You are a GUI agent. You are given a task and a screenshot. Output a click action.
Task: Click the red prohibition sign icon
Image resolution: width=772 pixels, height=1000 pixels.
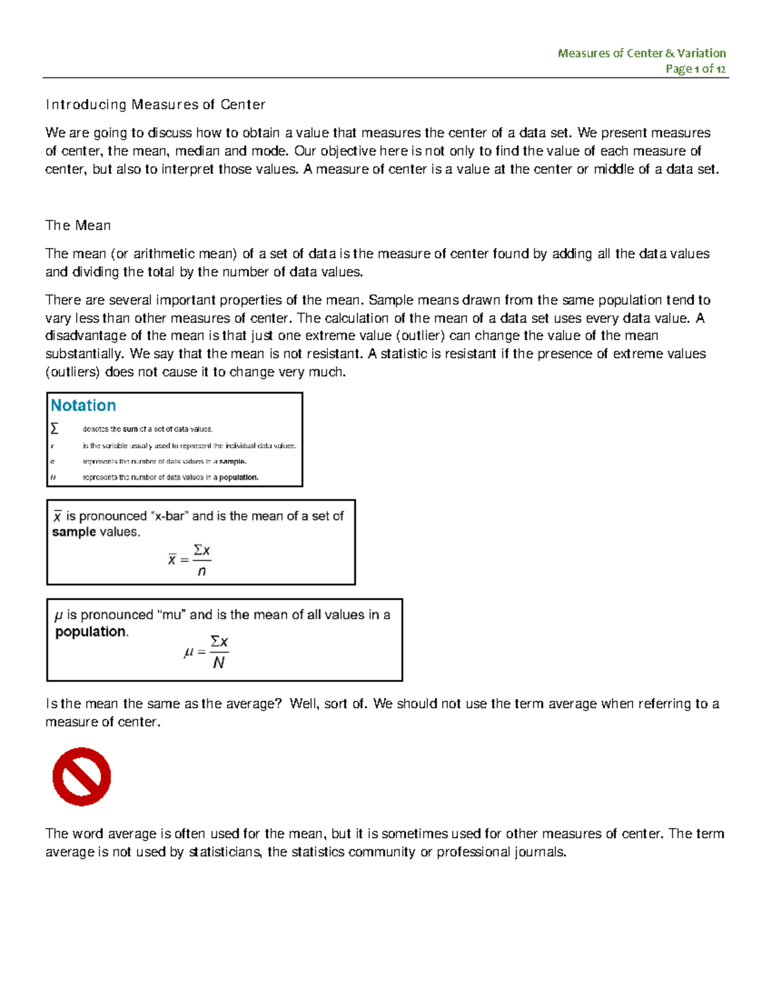click(x=82, y=777)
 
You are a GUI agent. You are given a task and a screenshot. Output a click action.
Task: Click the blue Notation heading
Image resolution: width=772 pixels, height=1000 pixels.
click(x=83, y=406)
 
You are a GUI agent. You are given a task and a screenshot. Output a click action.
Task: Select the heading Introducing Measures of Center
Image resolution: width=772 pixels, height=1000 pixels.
click(x=155, y=104)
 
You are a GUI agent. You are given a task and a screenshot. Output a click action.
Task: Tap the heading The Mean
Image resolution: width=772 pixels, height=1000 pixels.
click(x=78, y=225)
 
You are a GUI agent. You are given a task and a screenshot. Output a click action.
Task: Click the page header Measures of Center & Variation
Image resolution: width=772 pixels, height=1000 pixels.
click(x=641, y=53)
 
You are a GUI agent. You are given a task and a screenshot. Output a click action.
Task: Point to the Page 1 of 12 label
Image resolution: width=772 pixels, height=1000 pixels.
click(x=695, y=69)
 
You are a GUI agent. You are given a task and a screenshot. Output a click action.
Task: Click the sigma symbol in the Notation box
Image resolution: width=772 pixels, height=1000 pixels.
click(x=55, y=429)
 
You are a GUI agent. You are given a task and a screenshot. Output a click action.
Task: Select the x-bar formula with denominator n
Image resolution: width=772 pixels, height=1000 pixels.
click(x=190, y=560)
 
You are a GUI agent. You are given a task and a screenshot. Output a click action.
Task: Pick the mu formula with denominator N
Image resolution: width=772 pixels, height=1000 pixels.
click(x=207, y=652)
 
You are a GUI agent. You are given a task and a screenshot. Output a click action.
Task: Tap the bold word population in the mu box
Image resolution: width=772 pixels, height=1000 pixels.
click(x=90, y=632)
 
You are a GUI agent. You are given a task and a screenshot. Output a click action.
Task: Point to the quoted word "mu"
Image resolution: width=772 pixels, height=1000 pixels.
click(x=172, y=615)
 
